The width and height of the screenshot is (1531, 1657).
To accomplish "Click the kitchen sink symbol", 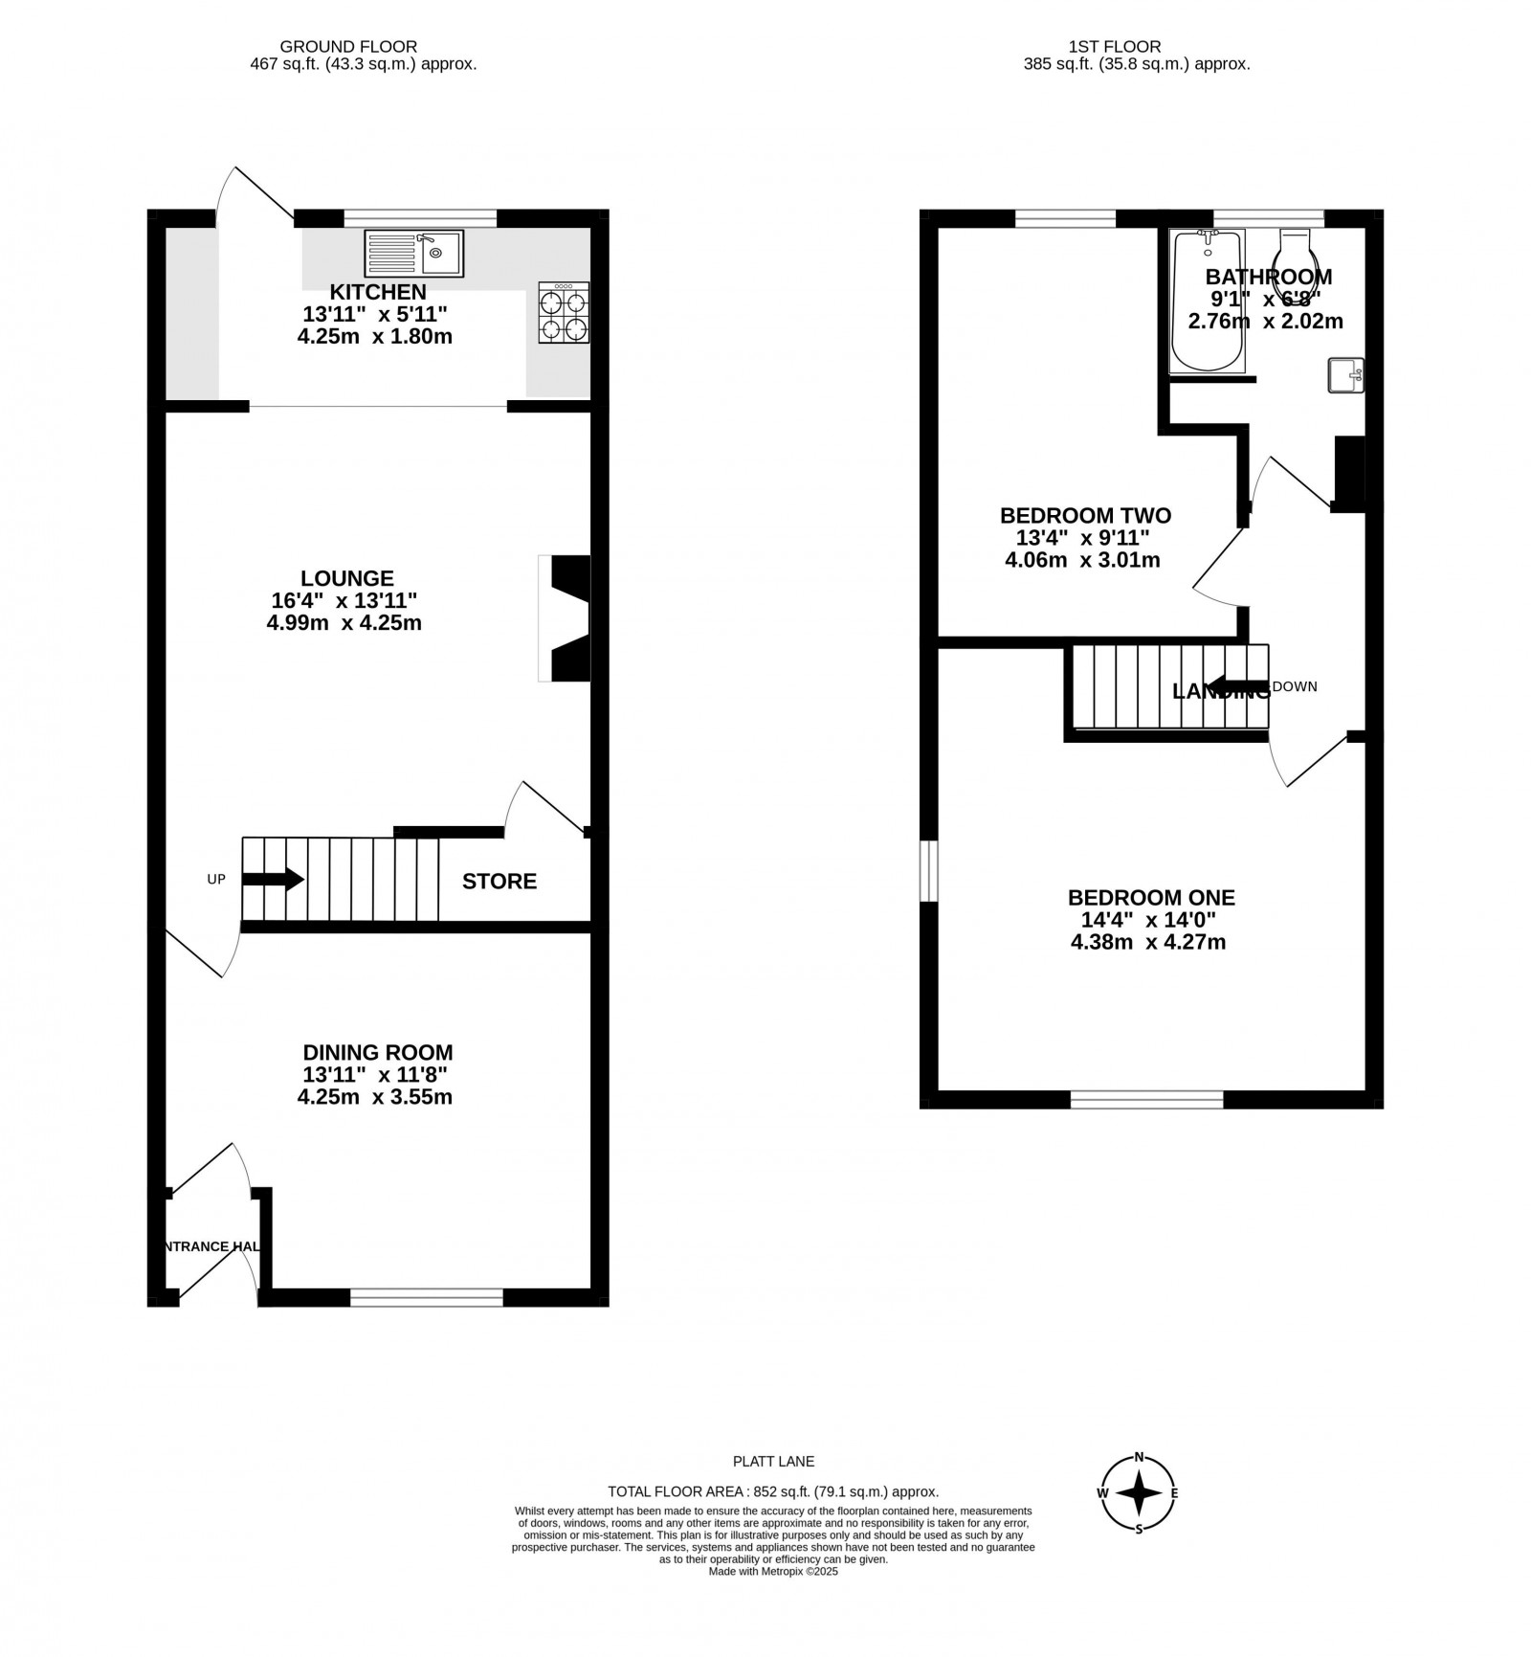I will click(x=413, y=254).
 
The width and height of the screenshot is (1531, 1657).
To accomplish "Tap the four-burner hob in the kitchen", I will click(x=564, y=313).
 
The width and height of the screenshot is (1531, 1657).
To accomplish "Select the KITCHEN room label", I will click(x=378, y=292).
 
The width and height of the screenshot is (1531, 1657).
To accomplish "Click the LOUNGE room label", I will click(x=346, y=578).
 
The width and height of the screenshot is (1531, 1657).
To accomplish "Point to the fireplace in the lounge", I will click(x=566, y=618).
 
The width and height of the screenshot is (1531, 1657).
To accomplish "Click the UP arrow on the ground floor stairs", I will click(x=273, y=879).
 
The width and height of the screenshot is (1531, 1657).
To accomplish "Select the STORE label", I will click(x=499, y=882).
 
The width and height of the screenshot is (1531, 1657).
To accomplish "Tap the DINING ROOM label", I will click(x=378, y=1053).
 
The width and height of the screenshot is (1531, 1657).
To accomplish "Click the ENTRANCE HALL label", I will click(x=210, y=1246).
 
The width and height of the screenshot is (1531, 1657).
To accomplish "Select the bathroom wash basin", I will click(x=1345, y=375).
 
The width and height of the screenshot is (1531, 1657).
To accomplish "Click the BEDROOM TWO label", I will click(x=1085, y=516).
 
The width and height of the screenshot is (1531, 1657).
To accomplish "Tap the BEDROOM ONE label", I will click(x=1151, y=898).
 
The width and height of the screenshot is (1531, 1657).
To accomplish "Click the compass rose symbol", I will click(x=1139, y=1519).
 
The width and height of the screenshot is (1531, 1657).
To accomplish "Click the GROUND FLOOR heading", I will click(x=348, y=46).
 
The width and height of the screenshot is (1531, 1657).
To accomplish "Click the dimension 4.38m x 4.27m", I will click(x=1148, y=942).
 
